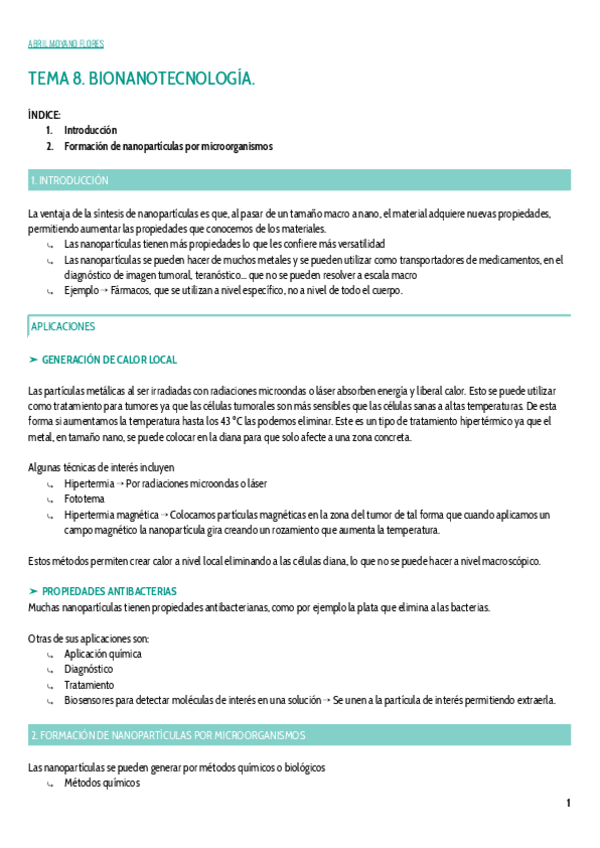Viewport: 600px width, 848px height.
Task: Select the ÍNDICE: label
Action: point(45,115)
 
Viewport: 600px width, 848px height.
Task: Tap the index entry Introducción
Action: point(90,130)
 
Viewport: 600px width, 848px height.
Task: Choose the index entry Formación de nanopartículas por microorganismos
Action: point(168,146)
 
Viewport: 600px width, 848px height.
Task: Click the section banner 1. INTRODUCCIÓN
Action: point(69,181)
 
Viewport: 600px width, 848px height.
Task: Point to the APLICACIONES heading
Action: point(63,327)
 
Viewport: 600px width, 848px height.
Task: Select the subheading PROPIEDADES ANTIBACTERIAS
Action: point(109,591)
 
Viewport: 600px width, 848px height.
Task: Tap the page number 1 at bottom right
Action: point(568,803)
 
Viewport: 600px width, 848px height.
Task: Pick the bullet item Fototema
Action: point(84,498)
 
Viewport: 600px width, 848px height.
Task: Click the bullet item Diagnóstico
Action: point(88,669)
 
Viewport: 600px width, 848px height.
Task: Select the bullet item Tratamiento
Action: point(89,685)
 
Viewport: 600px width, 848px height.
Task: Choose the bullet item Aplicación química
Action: point(102,654)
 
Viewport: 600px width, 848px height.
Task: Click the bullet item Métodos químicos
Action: point(101,783)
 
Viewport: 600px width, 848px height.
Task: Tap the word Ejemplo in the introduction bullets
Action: point(82,291)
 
